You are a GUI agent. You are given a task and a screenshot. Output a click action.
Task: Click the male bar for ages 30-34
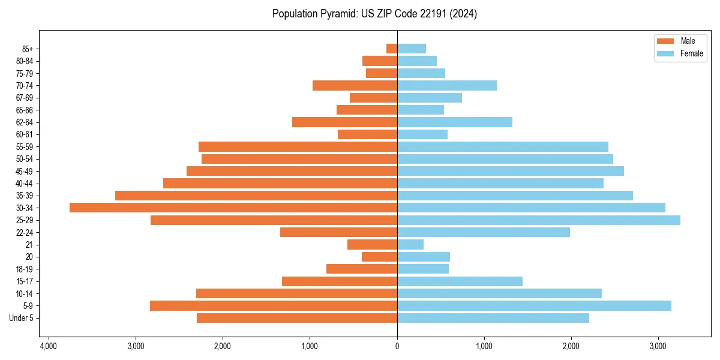point(233,208)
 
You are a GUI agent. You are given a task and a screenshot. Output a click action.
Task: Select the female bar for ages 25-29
point(538,220)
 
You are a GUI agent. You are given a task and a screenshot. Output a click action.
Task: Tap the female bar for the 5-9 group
point(534,305)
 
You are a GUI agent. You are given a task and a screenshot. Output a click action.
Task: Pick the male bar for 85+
point(392,49)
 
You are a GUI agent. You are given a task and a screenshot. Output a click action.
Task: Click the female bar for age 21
point(410,244)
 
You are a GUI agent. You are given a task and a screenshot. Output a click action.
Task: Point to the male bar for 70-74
point(355,85)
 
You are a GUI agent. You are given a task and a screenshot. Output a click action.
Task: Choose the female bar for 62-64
point(455,122)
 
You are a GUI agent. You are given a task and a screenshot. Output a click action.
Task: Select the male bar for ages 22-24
point(338,232)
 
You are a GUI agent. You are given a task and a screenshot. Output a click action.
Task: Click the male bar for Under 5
point(297,318)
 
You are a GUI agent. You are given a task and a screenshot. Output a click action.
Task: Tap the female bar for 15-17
point(460,281)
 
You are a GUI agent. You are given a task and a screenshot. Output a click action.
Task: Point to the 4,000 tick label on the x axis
point(49,346)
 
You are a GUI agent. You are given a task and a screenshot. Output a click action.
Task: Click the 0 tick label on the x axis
point(397,346)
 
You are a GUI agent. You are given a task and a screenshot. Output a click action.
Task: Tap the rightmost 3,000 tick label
point(658,346)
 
